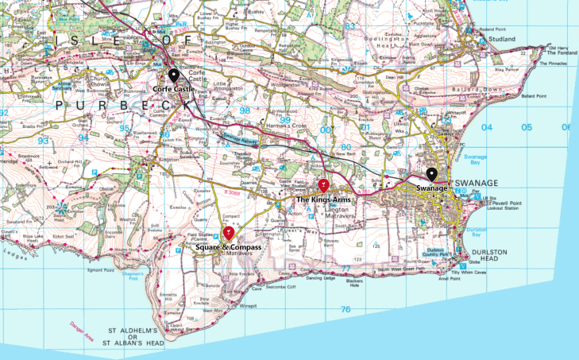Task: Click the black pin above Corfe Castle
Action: pos(174,75)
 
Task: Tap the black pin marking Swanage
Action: pos(432,175)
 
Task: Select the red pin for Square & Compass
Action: pos(229,232)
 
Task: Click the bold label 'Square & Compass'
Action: pos(228,249)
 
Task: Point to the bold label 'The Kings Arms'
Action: pos(323,199)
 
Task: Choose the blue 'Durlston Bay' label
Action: pos(477,231)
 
